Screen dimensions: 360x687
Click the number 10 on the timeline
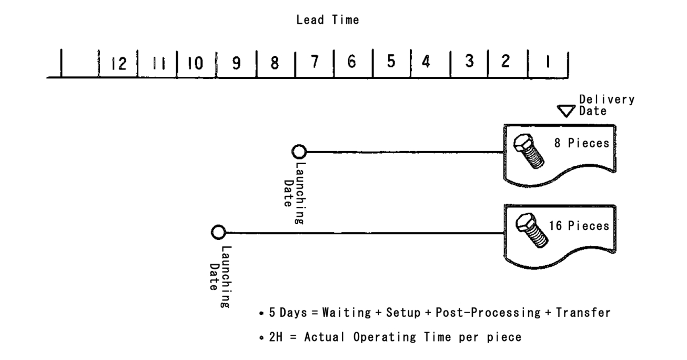(196, 63)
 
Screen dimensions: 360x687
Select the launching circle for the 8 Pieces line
(299, 152)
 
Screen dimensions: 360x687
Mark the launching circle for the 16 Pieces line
(218, 232)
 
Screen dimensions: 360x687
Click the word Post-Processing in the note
(492, 313)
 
